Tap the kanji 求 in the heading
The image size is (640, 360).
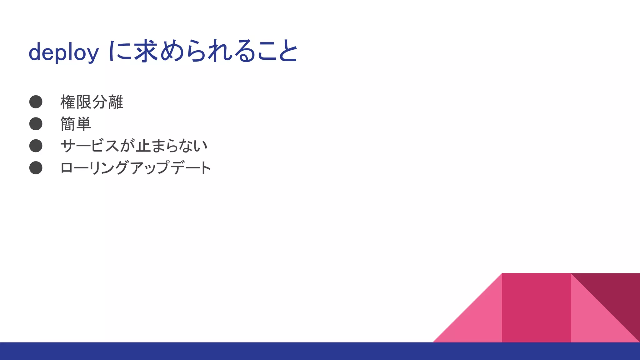pos(146,51)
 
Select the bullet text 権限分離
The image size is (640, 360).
pos(92,102)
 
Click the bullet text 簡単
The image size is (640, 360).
pos(76,124)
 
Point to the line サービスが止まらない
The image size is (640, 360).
pos(134,146)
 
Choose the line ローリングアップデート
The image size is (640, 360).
pos(135,168)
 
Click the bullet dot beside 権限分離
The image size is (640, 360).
pos(36,102)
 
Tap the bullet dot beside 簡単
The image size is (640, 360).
pos(36,124)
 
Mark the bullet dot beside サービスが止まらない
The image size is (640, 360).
pos(36,146)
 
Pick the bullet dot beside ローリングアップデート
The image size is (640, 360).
pos(36,167)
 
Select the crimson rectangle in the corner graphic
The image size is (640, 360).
pos(536,308)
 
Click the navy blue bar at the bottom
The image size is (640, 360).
pos(320,351)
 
